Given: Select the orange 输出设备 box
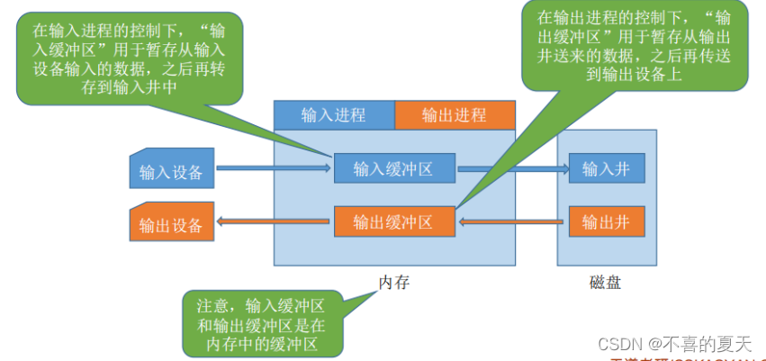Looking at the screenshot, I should [171, 222].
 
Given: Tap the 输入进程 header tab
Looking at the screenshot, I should [333, 115].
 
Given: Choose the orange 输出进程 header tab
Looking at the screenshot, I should [455, 115].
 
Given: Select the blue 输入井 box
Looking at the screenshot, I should [606, 168].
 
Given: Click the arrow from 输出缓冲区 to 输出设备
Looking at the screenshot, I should [274, 222].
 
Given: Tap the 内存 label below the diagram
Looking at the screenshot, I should [393, 282].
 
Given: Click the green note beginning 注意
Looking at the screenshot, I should [261, 323].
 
